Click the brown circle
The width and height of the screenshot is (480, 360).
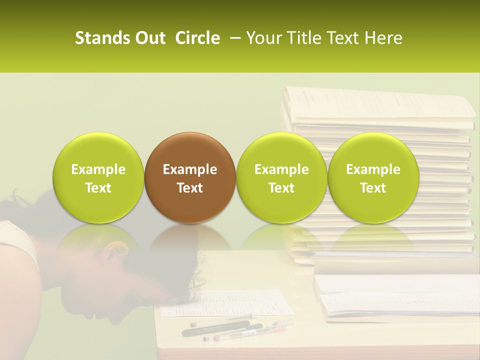point(190,177)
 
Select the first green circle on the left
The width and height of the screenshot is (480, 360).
point(98,177)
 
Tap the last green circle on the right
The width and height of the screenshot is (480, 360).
point(373,177)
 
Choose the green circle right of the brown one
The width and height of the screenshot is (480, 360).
point(281,177)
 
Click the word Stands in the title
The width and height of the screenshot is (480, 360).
point(99,38)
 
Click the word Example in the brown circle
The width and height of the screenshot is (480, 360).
point(190,169)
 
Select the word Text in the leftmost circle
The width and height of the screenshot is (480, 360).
point(98,187)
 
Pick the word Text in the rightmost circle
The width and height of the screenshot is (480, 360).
point(373,187)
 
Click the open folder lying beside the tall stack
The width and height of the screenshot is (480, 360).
point(395,297)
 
